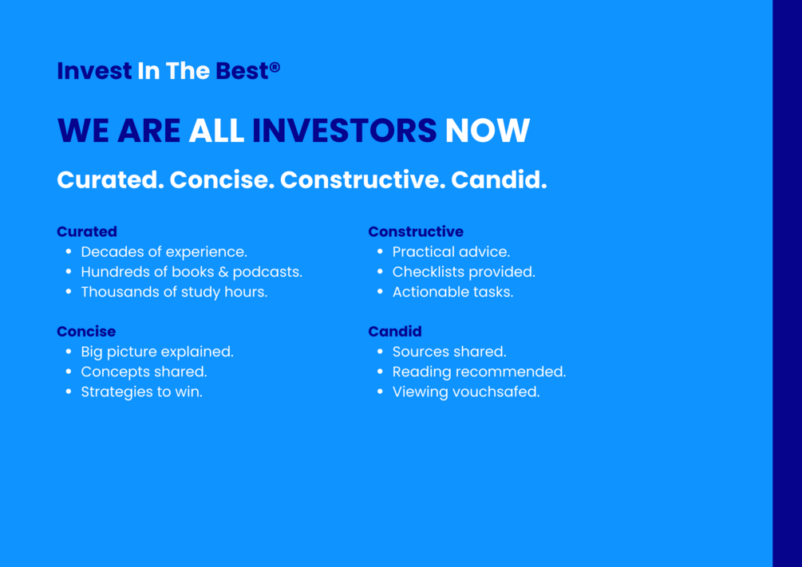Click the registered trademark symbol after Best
(x=275, y=67)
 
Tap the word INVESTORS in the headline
(x=344, y=130)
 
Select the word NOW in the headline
(x=487, y=130)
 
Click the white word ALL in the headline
(x=216, y=130)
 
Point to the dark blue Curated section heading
(x=87, y=231)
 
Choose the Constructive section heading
(x=416, y=231)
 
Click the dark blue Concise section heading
(x=86, y=331)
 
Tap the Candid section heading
(x=395, y=331)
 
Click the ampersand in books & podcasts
(x=223, y=272)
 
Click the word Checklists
(x=425, y=272)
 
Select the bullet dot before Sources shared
(x=380, y=352)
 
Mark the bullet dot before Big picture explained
(x=69, y=352)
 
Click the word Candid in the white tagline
(x=499, y=179)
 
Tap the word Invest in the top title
(x=94, y=70)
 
